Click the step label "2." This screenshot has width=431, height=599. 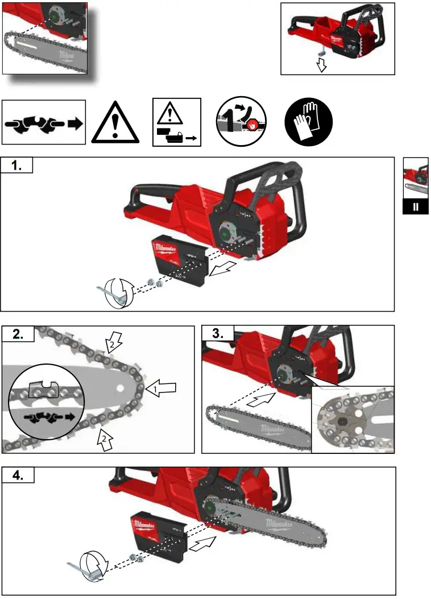18,334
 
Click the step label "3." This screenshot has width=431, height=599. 218,334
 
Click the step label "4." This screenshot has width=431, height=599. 18,476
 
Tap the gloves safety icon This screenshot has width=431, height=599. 308,122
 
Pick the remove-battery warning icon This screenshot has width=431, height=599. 176,122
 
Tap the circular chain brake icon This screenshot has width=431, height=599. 241,122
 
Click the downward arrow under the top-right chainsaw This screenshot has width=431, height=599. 321,64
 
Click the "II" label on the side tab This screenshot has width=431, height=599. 416,207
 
